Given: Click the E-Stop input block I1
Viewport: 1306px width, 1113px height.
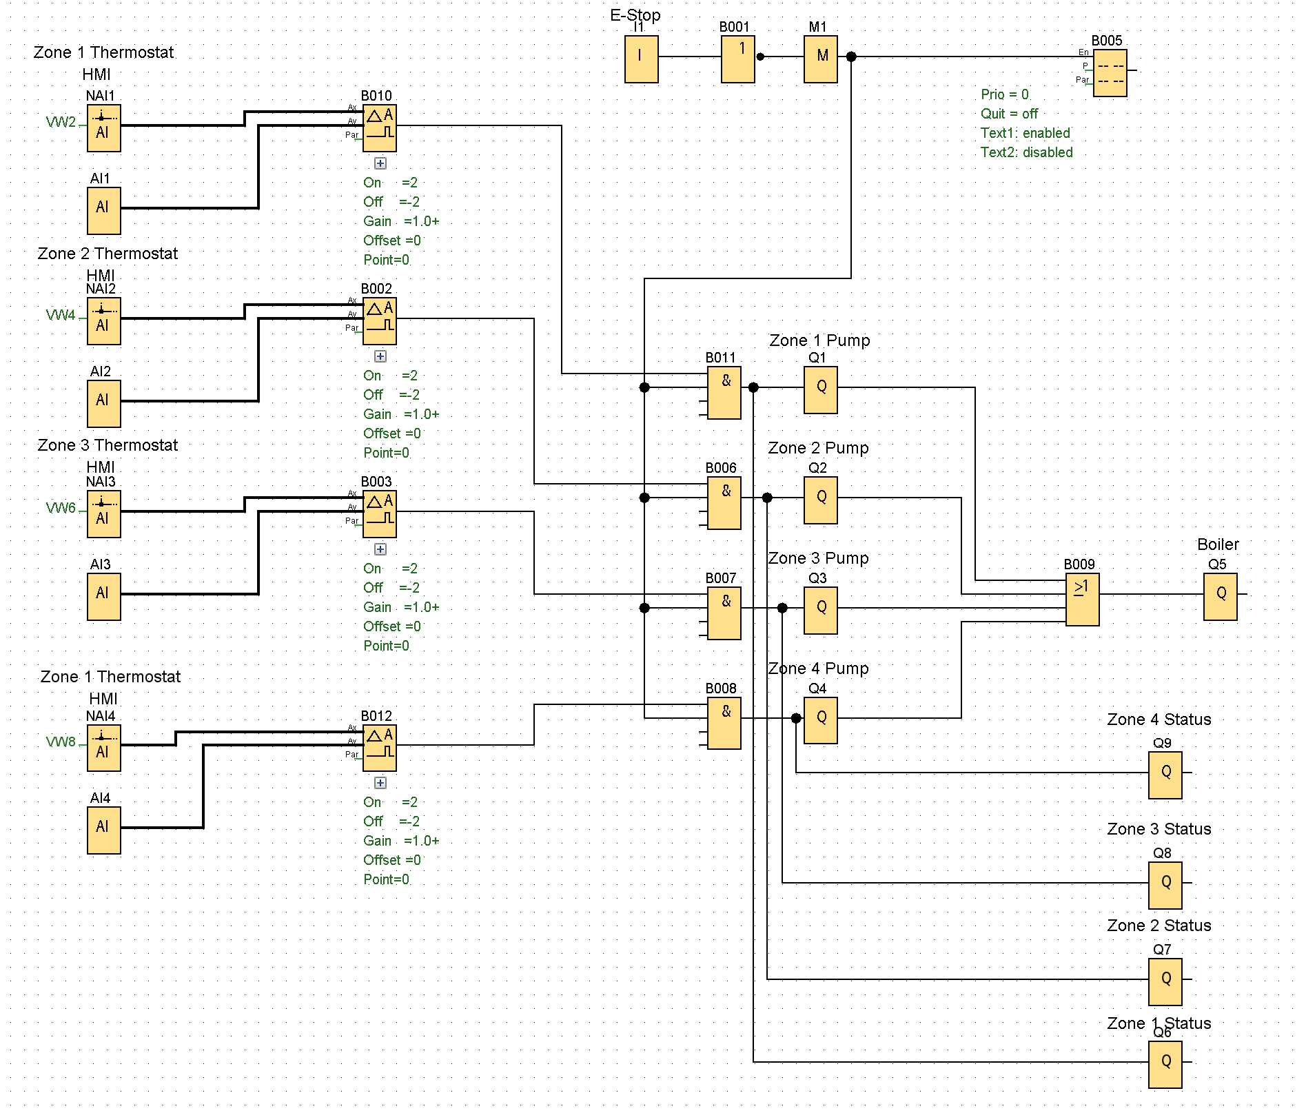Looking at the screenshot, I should point(641,59).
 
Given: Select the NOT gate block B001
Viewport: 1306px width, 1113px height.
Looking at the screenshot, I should point(737,59).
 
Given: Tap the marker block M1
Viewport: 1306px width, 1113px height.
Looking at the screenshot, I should point(820,59).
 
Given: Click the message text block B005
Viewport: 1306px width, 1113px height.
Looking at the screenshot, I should point(1110,73).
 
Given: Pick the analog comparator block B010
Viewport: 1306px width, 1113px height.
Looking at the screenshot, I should point(379,128).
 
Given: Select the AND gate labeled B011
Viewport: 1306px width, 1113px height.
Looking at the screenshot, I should point(724,393).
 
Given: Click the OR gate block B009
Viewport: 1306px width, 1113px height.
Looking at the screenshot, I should point(1082,600).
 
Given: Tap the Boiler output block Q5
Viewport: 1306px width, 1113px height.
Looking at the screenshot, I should point(1220,597).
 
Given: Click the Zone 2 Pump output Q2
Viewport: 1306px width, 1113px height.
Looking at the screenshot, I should point(820,500).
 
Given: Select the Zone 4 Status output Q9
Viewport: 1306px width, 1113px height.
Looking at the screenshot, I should point(1165,775).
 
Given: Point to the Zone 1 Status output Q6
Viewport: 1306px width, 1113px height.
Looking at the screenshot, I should point(1165,1065).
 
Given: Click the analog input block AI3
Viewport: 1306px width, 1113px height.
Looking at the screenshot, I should point(103,597).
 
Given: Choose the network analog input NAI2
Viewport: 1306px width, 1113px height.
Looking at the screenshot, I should point(103,321).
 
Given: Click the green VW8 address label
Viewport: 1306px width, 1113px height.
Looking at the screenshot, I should point(61,742).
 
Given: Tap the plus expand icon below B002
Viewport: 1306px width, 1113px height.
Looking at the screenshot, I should point(380,356).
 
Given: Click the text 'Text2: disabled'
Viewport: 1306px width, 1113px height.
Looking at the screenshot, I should point(1026,152).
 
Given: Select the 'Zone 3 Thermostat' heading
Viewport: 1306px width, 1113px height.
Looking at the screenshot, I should point(108,445).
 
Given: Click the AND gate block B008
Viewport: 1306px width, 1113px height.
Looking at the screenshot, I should point(724,724).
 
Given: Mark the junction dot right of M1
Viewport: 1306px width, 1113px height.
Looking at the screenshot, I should point(851,57).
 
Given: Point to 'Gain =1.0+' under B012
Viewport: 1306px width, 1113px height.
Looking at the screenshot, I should point(401,841).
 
